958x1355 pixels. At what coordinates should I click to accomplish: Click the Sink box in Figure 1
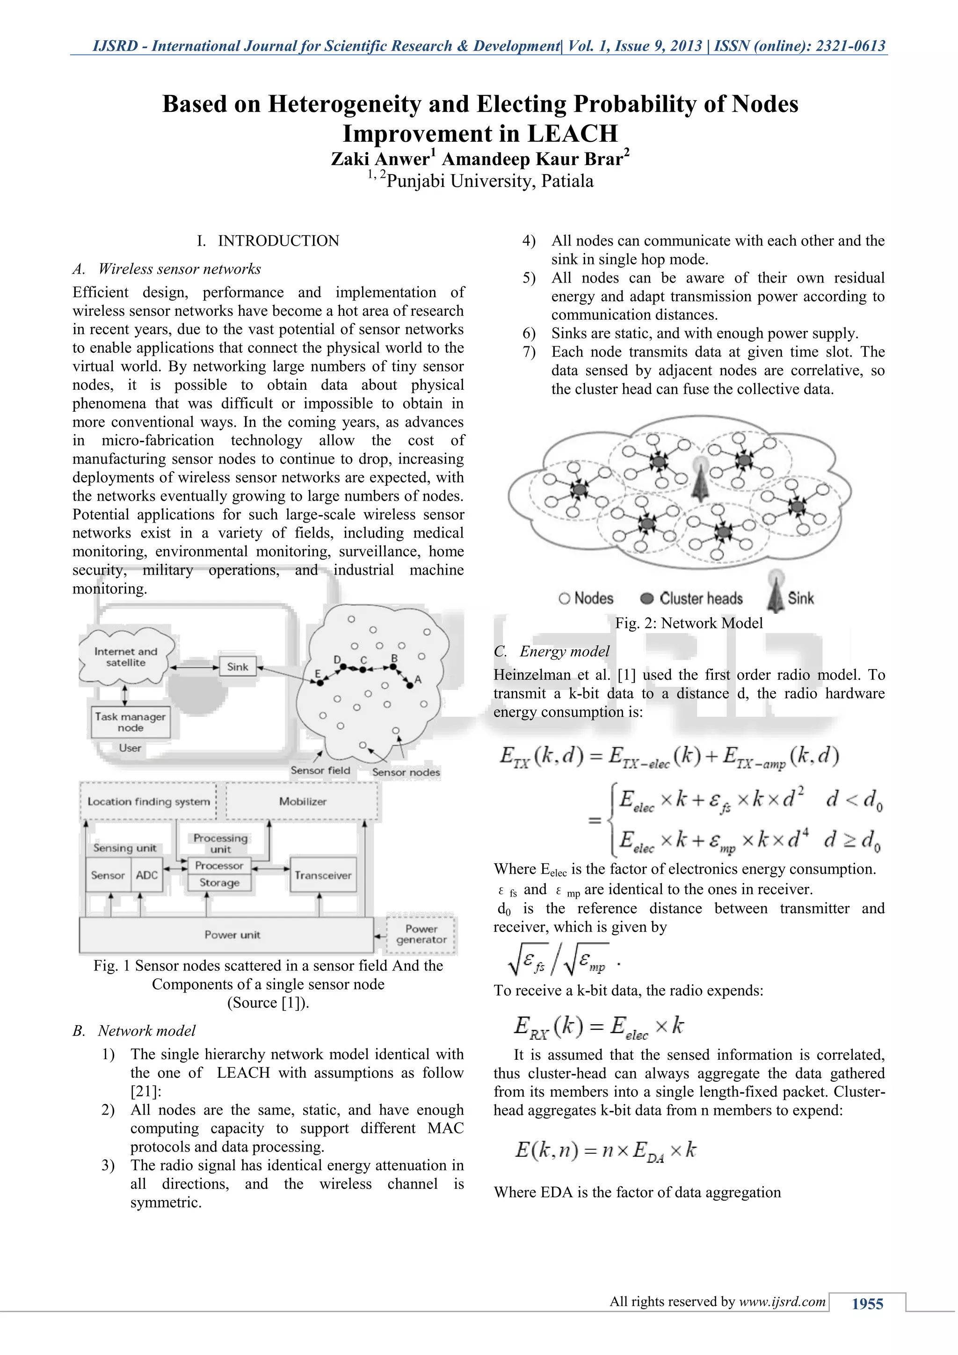click(238, 667)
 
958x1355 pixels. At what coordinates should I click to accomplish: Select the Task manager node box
click(131, 722)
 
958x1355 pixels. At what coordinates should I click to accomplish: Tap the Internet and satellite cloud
click(126, 657)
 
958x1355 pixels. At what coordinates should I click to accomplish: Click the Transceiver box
click(323, 875)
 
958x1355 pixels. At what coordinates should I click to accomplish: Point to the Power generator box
click(421, 934)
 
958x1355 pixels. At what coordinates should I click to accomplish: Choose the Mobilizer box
click(303, 801)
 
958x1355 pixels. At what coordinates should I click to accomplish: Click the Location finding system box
click(149, 801)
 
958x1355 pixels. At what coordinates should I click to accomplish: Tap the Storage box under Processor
click(219, 883)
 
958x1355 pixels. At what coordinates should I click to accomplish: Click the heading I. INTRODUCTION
click(268, 241)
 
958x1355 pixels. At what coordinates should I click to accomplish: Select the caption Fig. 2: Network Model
click(689, 623)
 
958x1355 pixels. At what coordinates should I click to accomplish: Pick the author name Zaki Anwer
click(380, 160)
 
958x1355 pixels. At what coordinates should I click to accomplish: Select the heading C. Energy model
click(552, 652)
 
